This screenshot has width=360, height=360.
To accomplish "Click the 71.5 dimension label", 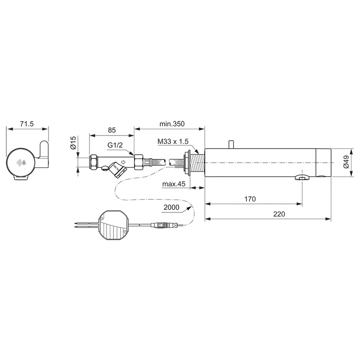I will (27, 124).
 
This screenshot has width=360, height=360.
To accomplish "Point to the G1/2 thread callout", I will (116, 146).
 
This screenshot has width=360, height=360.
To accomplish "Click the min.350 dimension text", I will (172, 123).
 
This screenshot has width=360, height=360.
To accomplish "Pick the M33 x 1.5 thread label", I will (173, 142).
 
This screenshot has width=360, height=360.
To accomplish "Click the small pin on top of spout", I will (231, 144).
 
